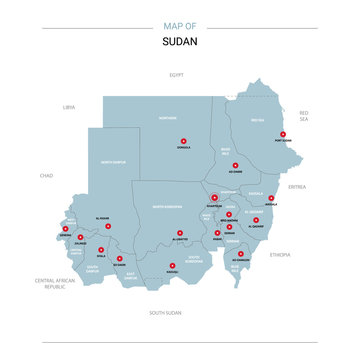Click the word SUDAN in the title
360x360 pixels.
[179, 43]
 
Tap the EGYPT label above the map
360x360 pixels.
[177, 75]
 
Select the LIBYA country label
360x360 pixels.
[69, 106]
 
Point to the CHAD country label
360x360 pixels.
[46, 175]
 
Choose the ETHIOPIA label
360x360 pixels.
[280, 254]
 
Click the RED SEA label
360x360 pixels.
[305, 115]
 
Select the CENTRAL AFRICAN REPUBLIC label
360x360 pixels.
[56, 285]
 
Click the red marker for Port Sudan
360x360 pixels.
[283, 134]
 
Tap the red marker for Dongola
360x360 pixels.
[183, 141]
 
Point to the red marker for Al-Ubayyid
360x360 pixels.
[179, 233]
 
